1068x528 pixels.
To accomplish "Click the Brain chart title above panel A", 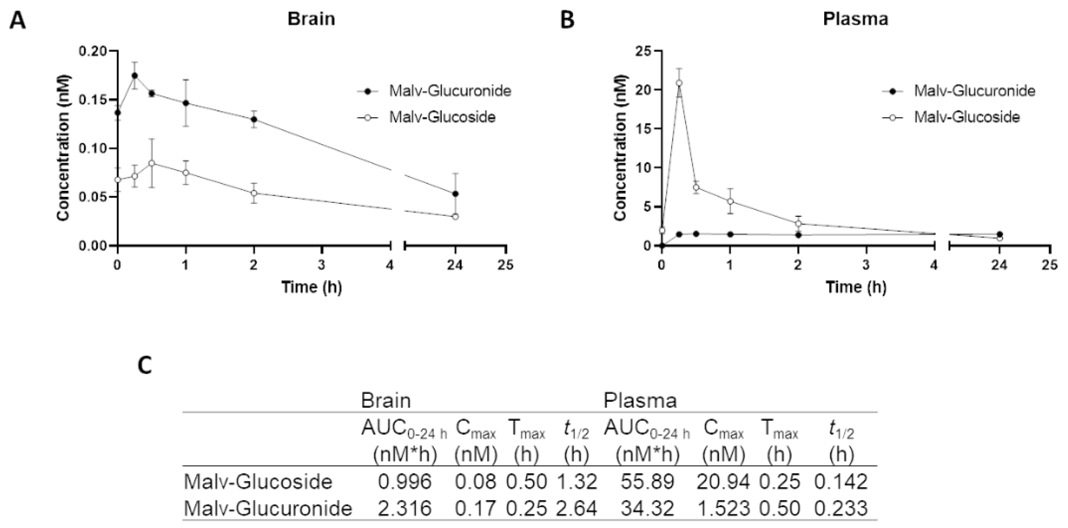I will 311,19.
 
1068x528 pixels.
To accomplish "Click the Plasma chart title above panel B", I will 855,19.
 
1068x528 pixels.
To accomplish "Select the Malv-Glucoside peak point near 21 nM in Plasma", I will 679,83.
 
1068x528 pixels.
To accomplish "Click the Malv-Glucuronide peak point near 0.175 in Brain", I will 135,76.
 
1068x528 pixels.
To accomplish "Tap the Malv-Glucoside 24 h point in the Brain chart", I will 455,217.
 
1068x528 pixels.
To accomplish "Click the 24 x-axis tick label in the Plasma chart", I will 999,265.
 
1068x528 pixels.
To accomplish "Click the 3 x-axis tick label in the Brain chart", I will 322,265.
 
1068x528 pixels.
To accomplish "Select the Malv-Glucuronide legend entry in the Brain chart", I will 449,91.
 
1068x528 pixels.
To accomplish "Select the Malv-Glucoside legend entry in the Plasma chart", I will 967,117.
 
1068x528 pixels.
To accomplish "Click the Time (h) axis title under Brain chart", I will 311,287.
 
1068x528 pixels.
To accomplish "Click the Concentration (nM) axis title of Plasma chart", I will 619,148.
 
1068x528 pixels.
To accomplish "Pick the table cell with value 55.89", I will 647,482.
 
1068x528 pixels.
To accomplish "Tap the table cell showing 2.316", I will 404,508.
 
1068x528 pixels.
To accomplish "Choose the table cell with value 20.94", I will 723,482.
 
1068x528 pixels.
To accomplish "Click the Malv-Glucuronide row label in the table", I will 268,508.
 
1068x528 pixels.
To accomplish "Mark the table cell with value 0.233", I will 841,508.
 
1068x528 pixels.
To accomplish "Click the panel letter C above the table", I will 145,366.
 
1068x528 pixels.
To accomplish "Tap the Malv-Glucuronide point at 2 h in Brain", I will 254,120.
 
